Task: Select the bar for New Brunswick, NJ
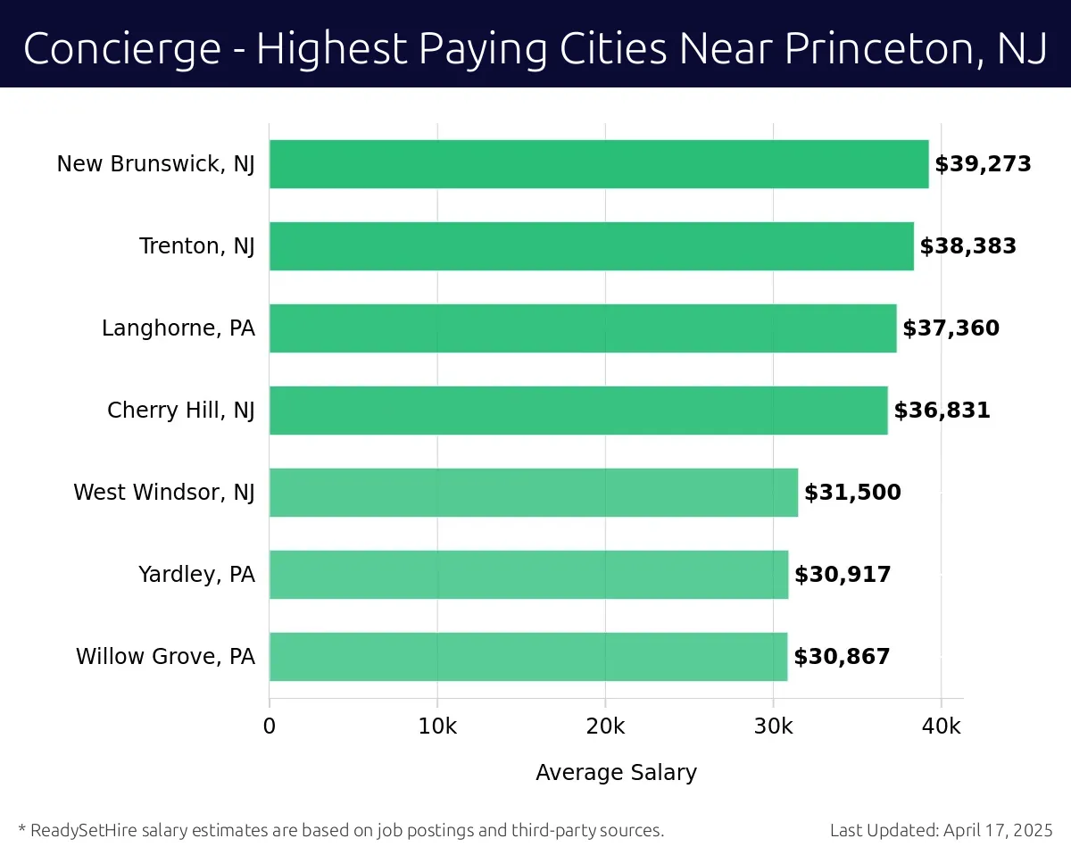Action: (x=598, y=164)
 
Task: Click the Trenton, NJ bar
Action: (x=591, y=246)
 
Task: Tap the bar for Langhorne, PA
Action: (x=582, y=328)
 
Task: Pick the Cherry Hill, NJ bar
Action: (x=577, y=411)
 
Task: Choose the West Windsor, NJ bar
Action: (x=533, y=493)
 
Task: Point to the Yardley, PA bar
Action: (x=528, y=575)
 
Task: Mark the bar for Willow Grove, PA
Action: (x=527, y=657)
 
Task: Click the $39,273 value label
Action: (x=983, y=164)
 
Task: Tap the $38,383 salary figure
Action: (x=967, y=246)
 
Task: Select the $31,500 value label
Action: (x=852, y=493)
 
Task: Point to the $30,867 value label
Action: (x=842, y=657)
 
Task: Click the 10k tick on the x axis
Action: (x=437, y=726)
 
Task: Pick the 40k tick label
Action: (x=941, y=726)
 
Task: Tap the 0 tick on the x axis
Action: (x=270, y=726)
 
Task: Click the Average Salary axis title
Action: (x=616, y=773)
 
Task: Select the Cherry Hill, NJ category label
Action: (x=180, y=411)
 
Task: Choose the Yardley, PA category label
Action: (x=196, y=575)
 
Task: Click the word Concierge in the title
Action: (x=121, y=48)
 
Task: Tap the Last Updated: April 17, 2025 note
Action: (x=942, y=831)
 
